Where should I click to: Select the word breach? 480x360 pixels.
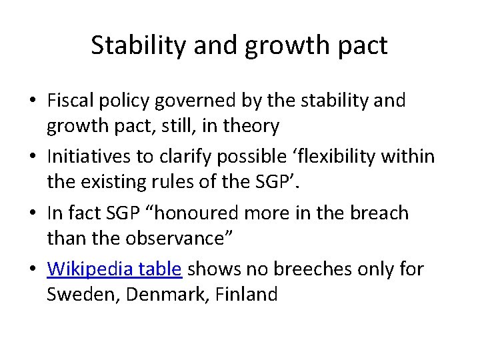pyautogui.click(x=383, y=213)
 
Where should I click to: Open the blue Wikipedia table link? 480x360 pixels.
pyautogui.click(x=114, y=269)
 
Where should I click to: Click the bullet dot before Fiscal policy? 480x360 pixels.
pyautogui.click(x=33, y=101)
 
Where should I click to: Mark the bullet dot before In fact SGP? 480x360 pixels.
pyautogui.click(x=33, y=213)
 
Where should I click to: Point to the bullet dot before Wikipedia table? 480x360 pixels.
pyautogui.click(x=33, y=269)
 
